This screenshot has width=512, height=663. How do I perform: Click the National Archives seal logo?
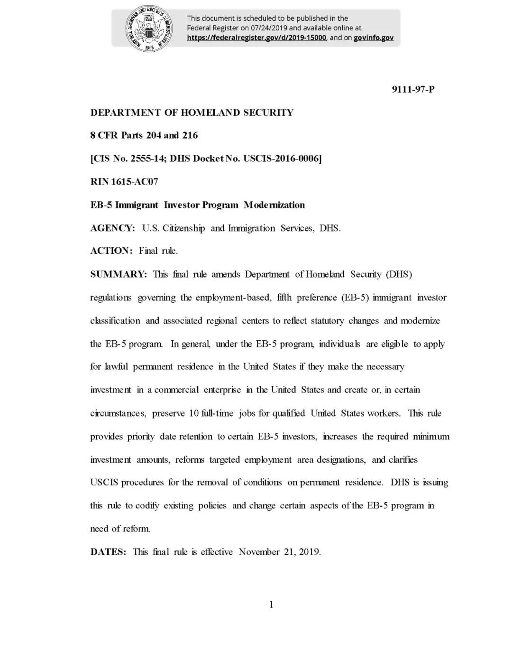148,28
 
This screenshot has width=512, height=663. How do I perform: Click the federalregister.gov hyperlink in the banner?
256,37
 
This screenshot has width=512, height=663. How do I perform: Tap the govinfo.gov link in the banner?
373,37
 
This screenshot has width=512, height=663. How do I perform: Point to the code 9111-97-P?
413,89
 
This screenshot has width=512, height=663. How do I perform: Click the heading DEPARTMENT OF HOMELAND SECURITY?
192,112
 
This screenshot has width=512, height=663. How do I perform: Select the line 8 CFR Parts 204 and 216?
144,135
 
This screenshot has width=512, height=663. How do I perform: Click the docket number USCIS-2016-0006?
282,159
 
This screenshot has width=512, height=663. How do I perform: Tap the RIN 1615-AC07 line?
124,182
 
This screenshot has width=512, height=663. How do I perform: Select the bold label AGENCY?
113,228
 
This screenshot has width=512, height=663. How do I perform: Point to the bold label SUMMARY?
119,274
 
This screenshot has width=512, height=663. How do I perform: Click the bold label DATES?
108,552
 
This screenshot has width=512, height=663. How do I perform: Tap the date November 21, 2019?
280,552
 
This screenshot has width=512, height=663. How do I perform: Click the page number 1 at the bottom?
271,605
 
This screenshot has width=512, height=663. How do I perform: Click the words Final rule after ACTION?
158,251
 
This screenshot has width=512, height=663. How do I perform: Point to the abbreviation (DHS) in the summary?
399,274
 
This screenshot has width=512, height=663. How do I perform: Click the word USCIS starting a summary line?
104,483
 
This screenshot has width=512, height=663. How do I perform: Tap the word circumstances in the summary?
118,413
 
